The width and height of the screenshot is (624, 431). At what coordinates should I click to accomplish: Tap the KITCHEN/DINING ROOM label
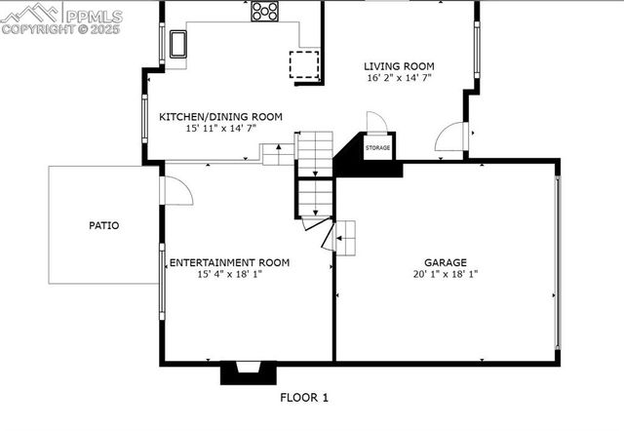(x=220, y=117)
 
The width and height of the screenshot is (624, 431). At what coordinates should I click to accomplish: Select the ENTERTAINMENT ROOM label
(x=230, y=262)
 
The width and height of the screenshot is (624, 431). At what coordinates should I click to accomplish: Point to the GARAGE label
(x=445, y=262)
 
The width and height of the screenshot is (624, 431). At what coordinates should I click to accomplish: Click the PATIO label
(x=104, y=225)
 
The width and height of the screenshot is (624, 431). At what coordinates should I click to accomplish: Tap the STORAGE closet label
(x=378, y=148)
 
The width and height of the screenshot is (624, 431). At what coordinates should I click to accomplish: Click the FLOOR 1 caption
(x=304, y=397)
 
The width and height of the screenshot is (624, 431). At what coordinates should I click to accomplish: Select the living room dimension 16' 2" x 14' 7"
(x=398, y=77)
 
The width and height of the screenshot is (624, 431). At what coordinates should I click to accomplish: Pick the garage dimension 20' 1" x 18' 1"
(x=445, y=275)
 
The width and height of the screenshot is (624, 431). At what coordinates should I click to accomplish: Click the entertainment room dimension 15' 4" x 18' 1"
(x=230, y=275)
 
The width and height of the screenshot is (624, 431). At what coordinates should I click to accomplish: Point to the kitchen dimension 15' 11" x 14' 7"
(x=220, y=129)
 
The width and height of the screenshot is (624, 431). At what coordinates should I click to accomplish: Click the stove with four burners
(x=265, y=11)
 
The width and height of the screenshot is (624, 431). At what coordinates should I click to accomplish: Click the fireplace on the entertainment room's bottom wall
(x=242, y=372)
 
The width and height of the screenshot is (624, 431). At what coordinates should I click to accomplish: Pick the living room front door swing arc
(x=451, y=138)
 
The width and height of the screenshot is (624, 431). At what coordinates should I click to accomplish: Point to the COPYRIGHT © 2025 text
(x=60, y=29)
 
